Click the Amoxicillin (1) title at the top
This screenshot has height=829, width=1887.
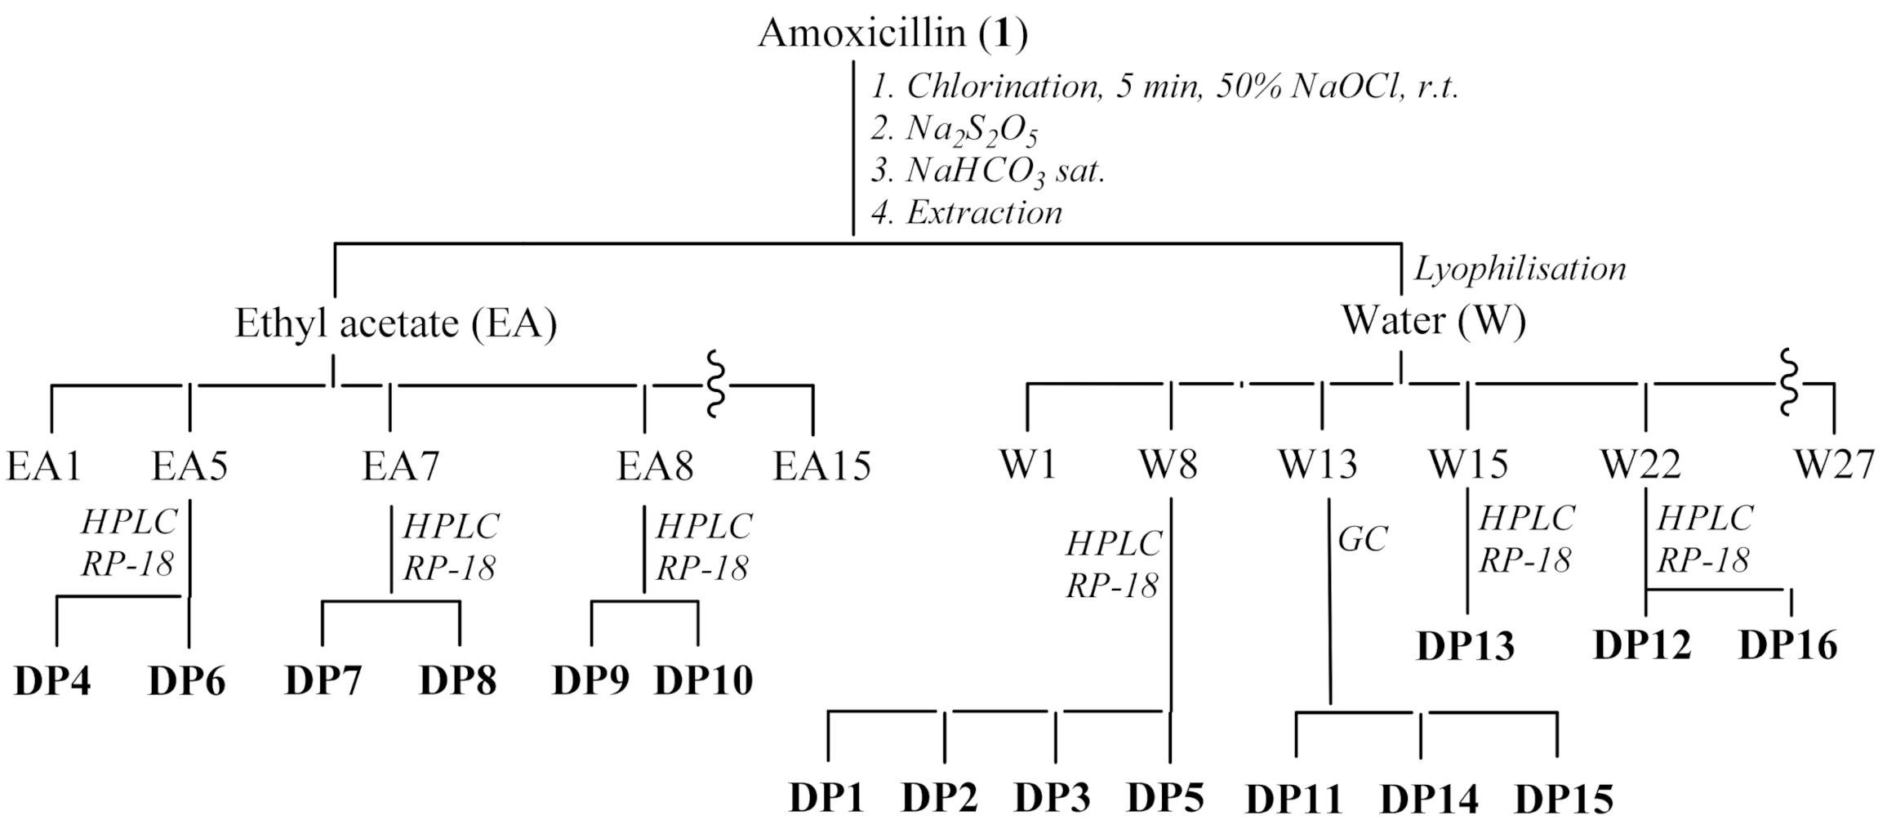[x=892, y=34]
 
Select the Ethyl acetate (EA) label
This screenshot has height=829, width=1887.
[x=396, y=323]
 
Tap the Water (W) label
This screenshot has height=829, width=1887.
[x=1434, y=320]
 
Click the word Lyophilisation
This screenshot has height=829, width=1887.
[x=1520, y=269]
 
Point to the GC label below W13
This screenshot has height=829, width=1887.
[x=1363, y=539]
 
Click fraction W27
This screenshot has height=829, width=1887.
[x=1833, y=465]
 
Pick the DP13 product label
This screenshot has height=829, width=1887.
[x=1465, y=646]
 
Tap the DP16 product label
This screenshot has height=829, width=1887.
[x=1787, y=645]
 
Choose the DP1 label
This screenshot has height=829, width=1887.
[x=826, y=797]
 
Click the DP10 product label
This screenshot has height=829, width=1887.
[x=703, y=680]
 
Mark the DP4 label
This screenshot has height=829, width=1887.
[x=52, y=681]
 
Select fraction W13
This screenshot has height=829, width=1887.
[x=1317, y=465]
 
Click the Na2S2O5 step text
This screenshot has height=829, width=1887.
[x=955, y=128]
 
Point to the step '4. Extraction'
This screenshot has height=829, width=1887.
[x=967, y=212]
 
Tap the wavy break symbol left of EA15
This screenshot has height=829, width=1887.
[x=714, y=384]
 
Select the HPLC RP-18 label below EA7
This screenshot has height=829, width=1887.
[x=451, y=546]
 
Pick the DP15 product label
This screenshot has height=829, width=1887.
[x=1564, y=799]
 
